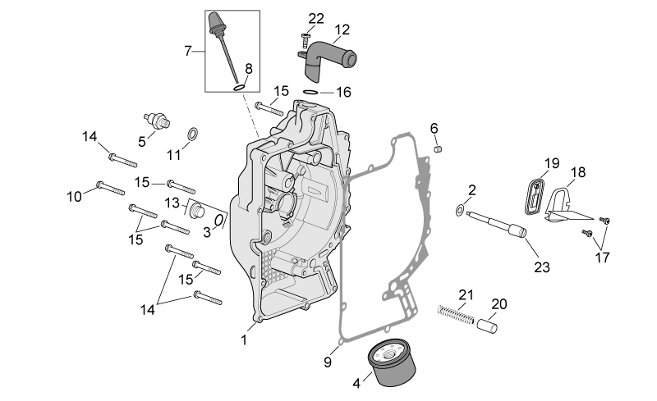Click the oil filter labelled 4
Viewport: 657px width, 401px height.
click(392, 363)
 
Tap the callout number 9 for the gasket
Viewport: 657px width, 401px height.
click(328, 362)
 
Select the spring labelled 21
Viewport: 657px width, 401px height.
click(456, 314)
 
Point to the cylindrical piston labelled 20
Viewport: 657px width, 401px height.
click(487, 326)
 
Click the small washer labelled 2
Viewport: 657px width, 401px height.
click(460, 210)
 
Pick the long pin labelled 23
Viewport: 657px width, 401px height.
click(497, 224)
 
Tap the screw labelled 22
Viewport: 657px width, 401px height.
click(306, 39)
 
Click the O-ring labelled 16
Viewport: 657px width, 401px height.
click(311, 92)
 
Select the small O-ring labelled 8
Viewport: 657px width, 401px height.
click(239, 88)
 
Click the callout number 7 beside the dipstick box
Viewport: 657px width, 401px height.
click(188, 51)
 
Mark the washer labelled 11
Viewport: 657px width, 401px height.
click(193, 134)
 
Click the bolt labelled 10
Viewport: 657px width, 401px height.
click(111, 188)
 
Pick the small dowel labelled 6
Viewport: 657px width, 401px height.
click(438, 148)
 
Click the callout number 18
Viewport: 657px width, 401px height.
click(578, 172)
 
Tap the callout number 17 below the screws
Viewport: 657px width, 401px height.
click(602, 257)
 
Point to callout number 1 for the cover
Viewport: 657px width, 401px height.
click(244, 339)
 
